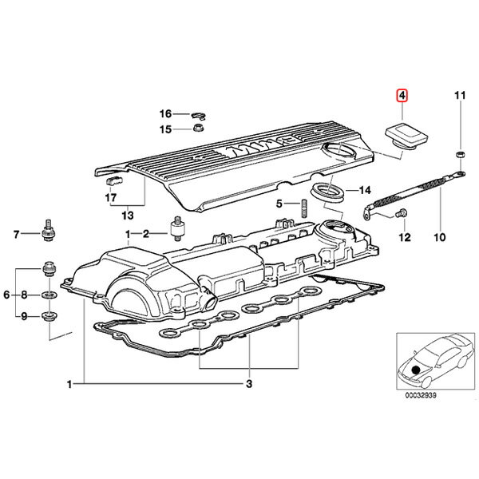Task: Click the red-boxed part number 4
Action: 402,96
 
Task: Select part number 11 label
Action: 460,96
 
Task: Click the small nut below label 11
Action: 461,154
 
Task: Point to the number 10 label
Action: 440,237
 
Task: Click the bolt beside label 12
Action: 401,212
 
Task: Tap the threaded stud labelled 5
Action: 304,208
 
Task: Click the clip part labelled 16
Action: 199,116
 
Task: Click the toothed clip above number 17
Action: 114,181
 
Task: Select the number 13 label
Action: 128,216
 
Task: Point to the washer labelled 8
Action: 48,295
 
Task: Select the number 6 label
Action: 6,295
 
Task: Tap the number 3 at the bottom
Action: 249,384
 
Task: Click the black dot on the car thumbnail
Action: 416,370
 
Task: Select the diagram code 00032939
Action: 421,395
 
